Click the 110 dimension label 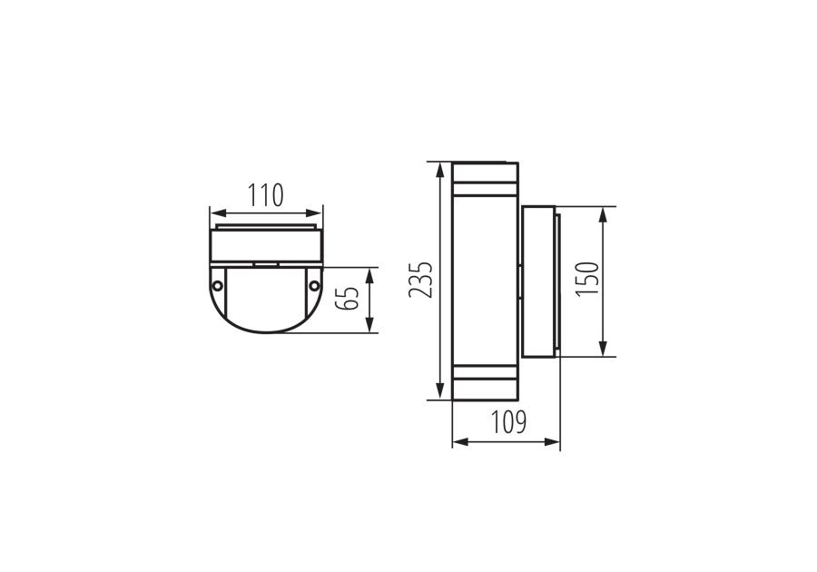pyautogui.click(x=266, y=195)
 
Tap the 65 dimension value pyautogui.click(x=348, y=299)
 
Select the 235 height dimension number pyautogui.click(x=420, y=280)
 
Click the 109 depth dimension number pyautogui.click(x=508, y=422)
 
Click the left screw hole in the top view pyautogui.click(x=217, y=285)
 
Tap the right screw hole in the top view pyautogui.click(x=314, y=285)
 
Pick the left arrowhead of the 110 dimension pyautogui.click(x=218, y=212)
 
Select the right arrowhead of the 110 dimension pyautogui.click(x=314, y=212)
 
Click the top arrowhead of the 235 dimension pyautogui.click(x=440, y=171)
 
